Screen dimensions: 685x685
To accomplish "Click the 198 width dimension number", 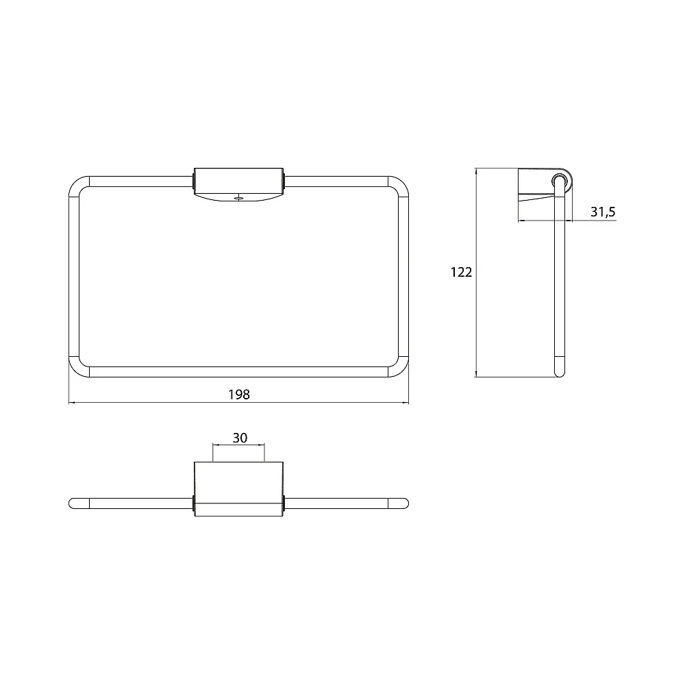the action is pyautogui.click(x=239, y=395).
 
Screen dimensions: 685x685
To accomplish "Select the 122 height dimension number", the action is pyautogui.click(x=461, y=272).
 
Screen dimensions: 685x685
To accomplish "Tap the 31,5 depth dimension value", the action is pyautogui.click(x=603, y=212).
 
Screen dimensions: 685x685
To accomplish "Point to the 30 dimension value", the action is pyautogui.click(x=240, y=438).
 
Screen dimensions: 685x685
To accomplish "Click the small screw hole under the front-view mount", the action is pyautogui.click(x=238, y=199).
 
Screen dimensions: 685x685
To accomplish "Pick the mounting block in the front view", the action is pyautogui.click(x=238, y=184).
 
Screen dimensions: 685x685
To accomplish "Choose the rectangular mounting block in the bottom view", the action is pyautogui.click(x=238, y=489).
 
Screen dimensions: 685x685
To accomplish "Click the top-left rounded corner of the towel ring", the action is pyautogui.click(x=76, y=184).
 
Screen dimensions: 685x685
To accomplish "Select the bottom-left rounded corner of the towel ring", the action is pyautogui.click(x=76, y=370).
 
